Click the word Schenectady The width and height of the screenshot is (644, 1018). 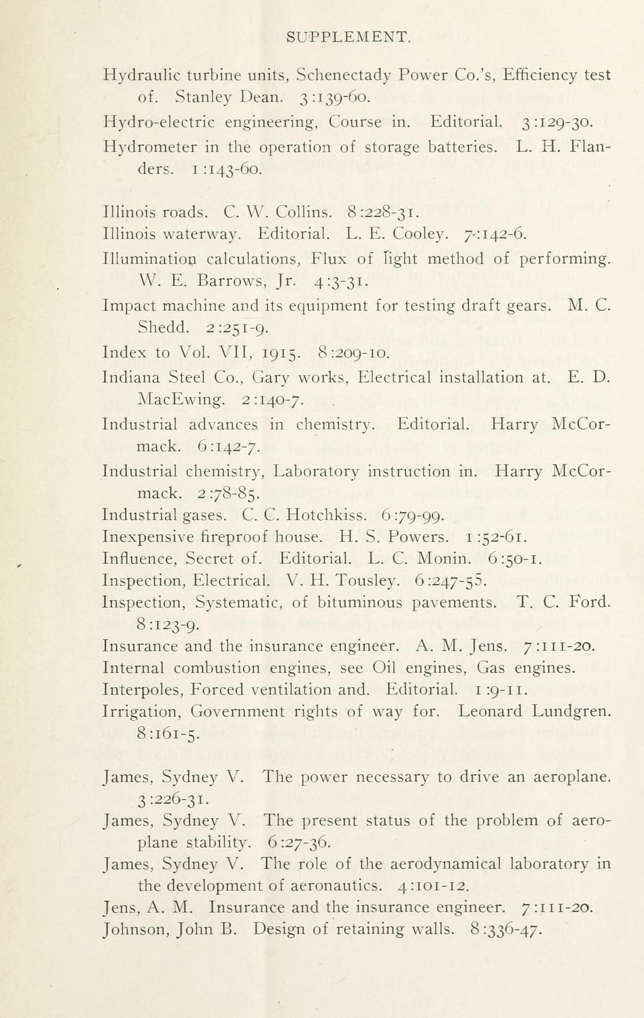[344, 75]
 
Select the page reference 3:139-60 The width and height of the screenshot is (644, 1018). [334, 98]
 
